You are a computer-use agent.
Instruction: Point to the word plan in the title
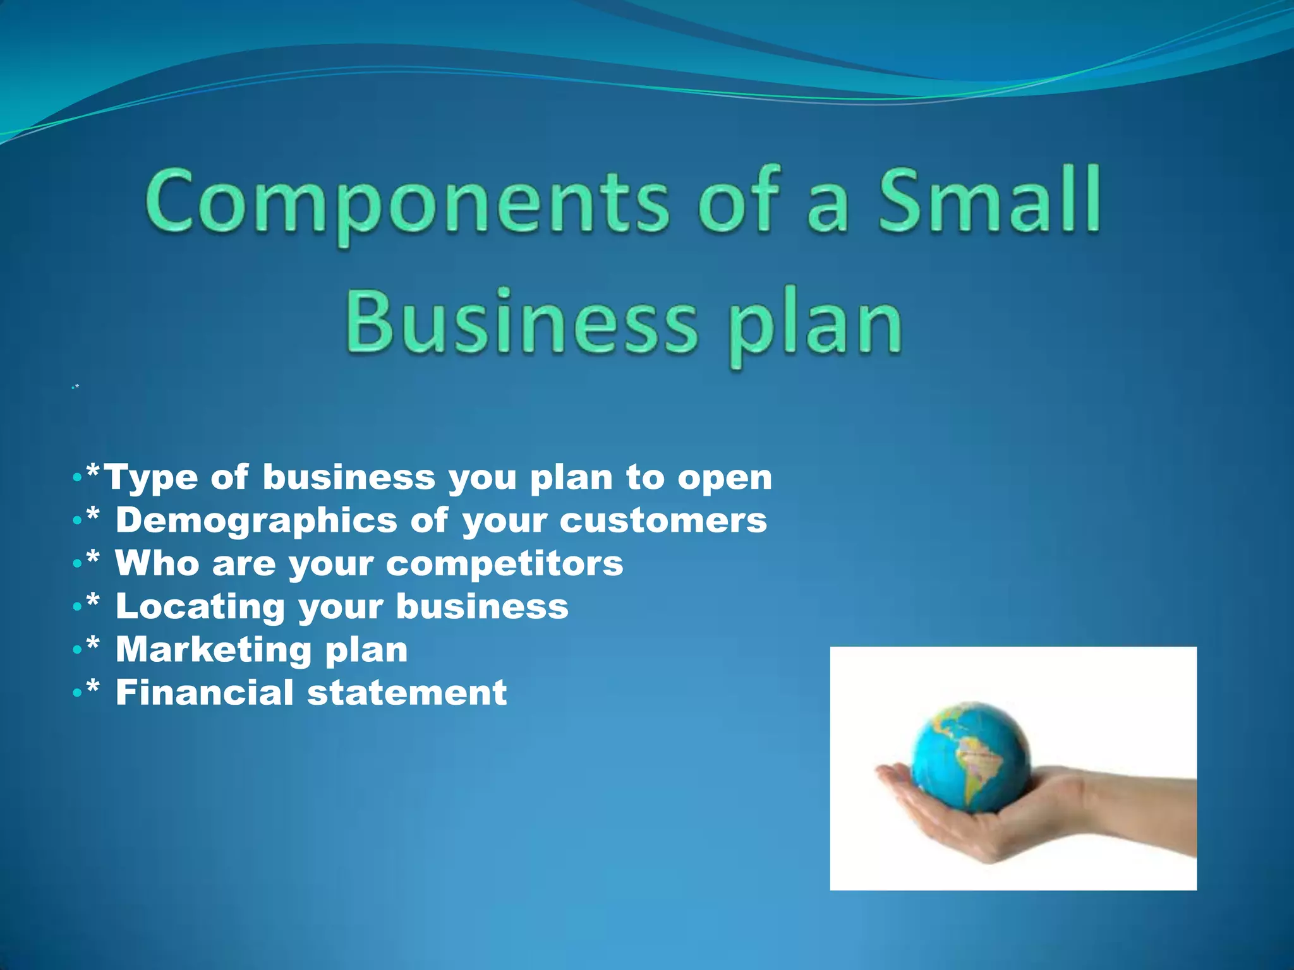(x=815, y=328)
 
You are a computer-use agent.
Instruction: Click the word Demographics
(x=257, y=522)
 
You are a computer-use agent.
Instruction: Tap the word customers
(x=663, y=522)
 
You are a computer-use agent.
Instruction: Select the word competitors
(x=505, y=564)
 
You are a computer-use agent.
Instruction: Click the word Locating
(x=200, y=608)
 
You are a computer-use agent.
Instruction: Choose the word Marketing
(x=214, y=650)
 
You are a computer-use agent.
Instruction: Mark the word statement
(x=407, y=693)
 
